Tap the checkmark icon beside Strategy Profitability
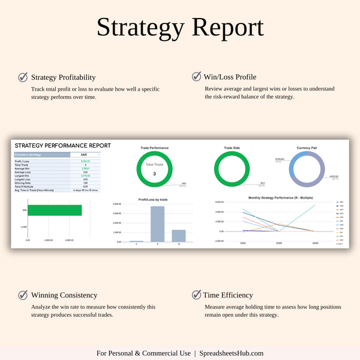[23, 77]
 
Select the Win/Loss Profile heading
[230, 77]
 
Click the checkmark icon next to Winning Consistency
[23, 295]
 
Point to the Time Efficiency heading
[229, 295]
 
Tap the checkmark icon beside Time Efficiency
[196, 295]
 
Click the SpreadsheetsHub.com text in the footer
[232, 353]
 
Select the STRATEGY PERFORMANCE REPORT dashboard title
[62, 145]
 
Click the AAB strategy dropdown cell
[83, 154]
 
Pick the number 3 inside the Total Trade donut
[154, 174]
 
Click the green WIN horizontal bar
[55, 210]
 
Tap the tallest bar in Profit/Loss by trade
[157, 223]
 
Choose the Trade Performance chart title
[154, 147]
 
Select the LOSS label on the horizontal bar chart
[25, 227]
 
